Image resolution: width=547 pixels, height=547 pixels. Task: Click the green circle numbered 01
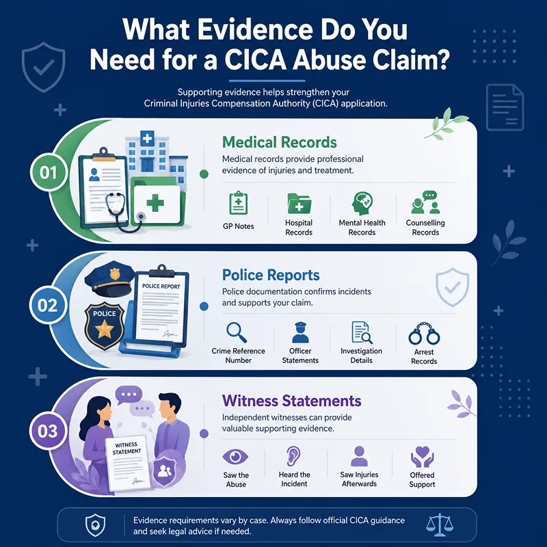point(48,172)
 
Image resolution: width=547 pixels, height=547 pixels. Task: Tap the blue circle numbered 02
point(47,305)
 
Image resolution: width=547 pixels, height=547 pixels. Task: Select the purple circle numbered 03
point(47,431)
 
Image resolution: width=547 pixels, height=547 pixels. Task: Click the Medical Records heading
point(280,142)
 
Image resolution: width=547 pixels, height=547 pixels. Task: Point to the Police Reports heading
point(271,275)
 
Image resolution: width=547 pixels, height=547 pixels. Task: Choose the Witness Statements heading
point(292,401)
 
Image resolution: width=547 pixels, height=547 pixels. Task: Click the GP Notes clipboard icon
point(238,203)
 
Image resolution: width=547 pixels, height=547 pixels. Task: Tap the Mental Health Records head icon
point(362,203)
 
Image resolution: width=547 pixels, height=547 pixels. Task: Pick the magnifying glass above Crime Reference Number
point(237,332)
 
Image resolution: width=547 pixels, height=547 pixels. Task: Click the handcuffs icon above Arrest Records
point(424,333)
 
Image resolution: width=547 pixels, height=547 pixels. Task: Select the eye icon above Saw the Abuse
point(235,457)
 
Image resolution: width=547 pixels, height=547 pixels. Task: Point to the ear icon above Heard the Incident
point(293,456)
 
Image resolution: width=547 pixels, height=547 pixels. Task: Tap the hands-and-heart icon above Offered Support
point(422,457)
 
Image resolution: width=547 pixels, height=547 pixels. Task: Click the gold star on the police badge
point(105,330)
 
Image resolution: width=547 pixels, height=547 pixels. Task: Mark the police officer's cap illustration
point(109,278)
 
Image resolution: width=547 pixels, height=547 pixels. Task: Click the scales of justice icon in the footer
point(440,524)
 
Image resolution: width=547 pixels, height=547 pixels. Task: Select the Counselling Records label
point(425,228)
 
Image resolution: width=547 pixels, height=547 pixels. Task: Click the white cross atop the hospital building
point(147,139)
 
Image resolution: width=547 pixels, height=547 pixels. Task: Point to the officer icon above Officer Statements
point(300,332)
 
